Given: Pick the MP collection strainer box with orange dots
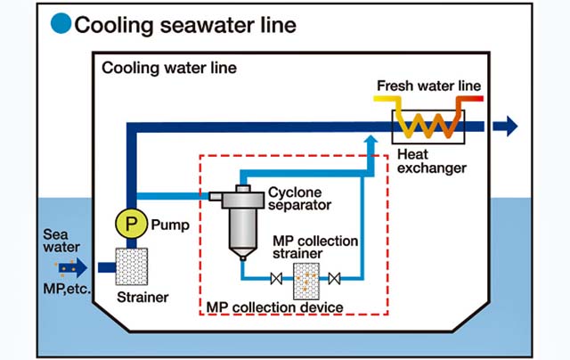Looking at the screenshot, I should click(x=306, y=280).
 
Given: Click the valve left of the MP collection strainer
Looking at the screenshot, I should click(x=278, y=281).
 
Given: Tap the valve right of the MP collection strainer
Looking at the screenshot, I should click(x=335, y=281).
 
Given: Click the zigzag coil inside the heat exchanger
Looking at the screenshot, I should click(x=429, y=119).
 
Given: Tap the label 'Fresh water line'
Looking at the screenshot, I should click(x=429, y=86).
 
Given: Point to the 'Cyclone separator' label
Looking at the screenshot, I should click(x=299, y=198).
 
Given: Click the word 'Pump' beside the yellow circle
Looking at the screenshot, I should click(x=171, y=225).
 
